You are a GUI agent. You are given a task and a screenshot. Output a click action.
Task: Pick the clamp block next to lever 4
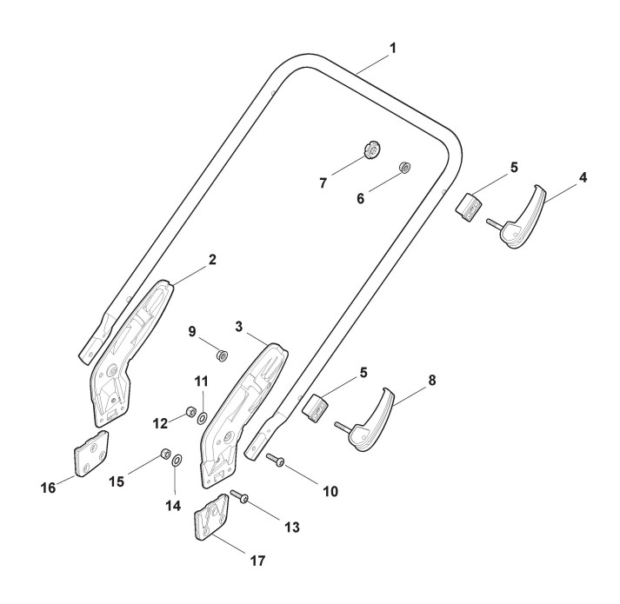pos(470,208)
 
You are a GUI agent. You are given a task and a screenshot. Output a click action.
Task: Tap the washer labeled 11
pos(203,418)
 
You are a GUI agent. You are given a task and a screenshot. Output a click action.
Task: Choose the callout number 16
pos(48,488)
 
